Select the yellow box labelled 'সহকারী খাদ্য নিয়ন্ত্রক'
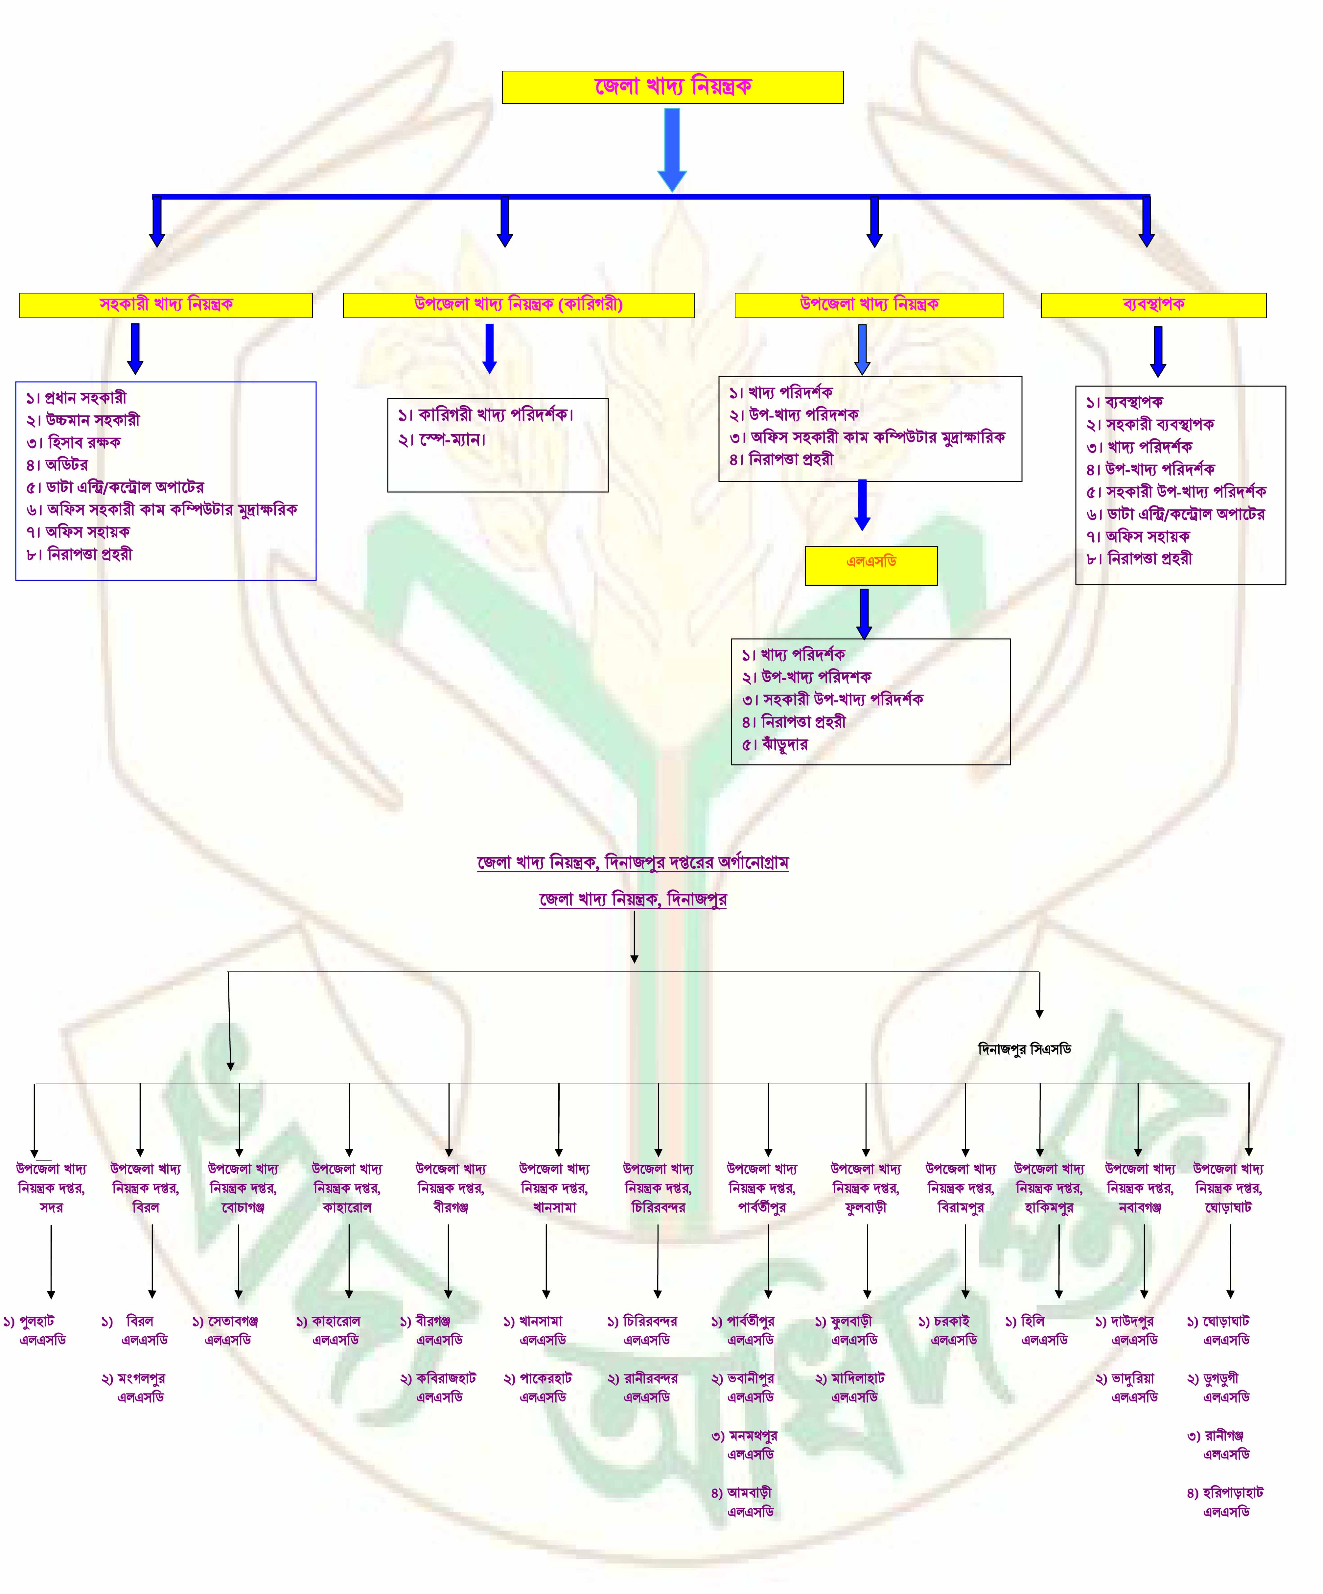(x=166, y=305)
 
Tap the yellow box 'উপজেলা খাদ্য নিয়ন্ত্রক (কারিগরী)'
(x=519, y=305)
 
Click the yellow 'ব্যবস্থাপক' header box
(x=1153, y=305)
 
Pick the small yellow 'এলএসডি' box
(x=871, y=566)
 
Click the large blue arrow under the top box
(x=672, y=150)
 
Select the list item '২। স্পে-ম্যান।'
(x=442, y=439)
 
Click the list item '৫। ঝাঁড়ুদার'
(x=775, y=744)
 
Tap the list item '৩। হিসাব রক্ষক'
(x=73, y=442)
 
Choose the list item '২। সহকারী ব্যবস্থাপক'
(x=1150, y=424)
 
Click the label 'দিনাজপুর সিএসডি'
(x=1025, y=1049)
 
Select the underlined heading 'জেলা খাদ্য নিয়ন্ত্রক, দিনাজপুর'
(x=633, y=900)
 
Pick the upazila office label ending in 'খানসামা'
(x=554, y=1188)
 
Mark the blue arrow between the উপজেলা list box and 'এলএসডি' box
(x=862, y=505)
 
